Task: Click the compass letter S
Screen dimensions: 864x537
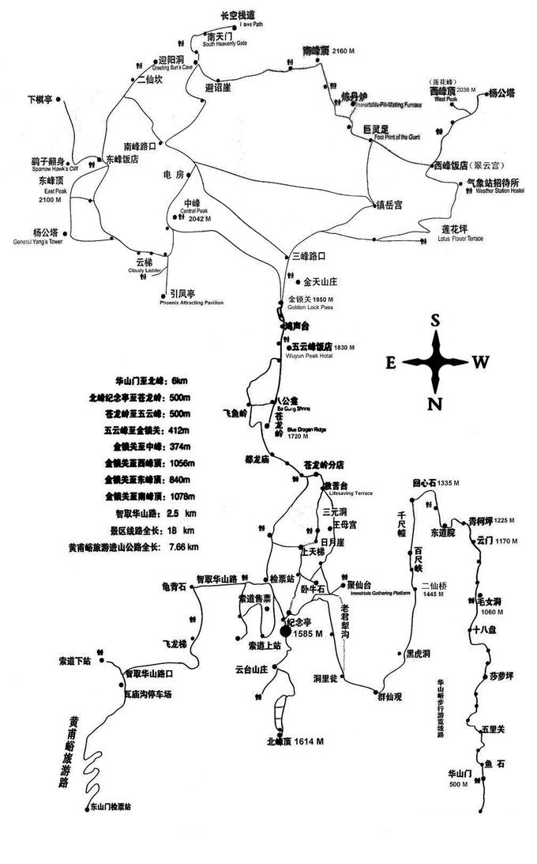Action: tap(434, 320)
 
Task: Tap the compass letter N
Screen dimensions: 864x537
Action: tap(434, 405)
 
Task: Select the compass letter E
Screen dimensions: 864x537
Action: tap(390, 363)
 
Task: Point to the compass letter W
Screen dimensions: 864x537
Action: tap(480, 362)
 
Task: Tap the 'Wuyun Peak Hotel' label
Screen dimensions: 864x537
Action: tap(310, 357)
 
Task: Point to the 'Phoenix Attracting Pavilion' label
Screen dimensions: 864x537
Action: tap(191, 303)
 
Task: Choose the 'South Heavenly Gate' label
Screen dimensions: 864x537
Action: tap(225, 44)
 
